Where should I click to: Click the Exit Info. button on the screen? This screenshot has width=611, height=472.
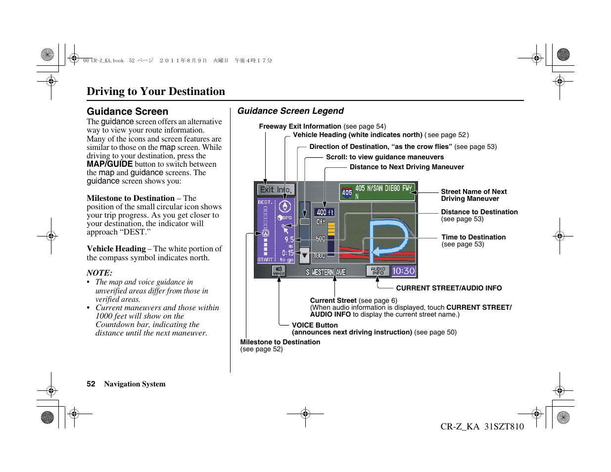pos(276,189)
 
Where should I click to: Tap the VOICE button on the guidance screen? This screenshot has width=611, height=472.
pos(279,271)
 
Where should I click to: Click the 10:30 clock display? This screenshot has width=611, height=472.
pos(403,271)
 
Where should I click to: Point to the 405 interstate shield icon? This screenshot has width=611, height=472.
pos(347,192)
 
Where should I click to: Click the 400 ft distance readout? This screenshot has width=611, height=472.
pos(325,212)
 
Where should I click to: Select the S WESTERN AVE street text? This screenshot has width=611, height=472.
pos(326,272)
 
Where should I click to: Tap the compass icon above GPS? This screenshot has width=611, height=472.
pos(284,207)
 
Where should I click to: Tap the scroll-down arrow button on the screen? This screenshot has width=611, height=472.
pos(305,256)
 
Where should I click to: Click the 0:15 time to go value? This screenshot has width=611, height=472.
pos(287,253)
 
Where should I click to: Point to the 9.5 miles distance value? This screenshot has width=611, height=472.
pos(289,239)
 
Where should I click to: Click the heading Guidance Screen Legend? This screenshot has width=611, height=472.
pos(290,111)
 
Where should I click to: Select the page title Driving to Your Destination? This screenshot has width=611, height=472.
pos(156,91)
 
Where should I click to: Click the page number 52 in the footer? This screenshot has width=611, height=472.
pos(91,384)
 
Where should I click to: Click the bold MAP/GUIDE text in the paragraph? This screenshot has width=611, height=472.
pos(109,164)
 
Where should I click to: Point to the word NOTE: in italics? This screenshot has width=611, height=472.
pos(99,273)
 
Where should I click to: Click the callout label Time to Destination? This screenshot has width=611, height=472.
pos(473,237)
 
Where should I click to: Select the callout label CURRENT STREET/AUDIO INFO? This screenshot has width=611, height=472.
pos(449,288)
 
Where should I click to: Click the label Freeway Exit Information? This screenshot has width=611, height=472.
pos(300,126)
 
